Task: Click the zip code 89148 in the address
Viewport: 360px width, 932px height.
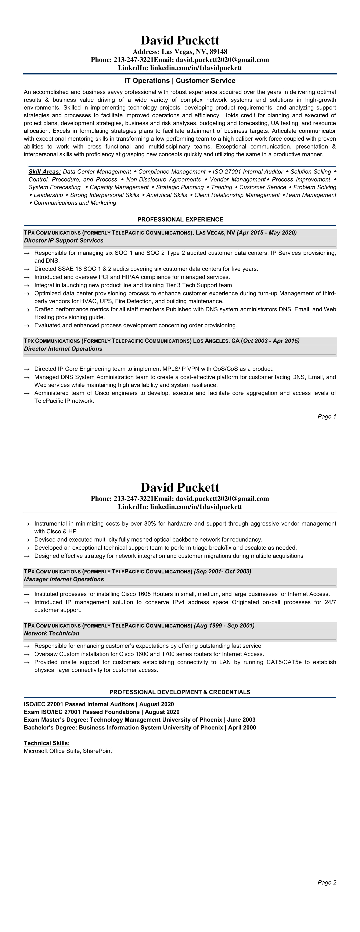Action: (x=218, y=52)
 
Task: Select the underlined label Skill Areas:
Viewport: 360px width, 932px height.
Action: (x=44, y=172)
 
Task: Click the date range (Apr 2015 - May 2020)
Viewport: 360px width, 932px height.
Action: (x=267, y=233)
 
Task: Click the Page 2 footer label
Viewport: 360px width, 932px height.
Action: (x=327, y=882)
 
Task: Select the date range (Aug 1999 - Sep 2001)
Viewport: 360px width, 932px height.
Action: (x=224, y=625)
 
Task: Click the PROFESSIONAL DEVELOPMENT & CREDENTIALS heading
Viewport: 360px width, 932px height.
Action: (x=180, y=692)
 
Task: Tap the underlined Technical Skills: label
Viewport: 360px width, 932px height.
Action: (x=47, y=743)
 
